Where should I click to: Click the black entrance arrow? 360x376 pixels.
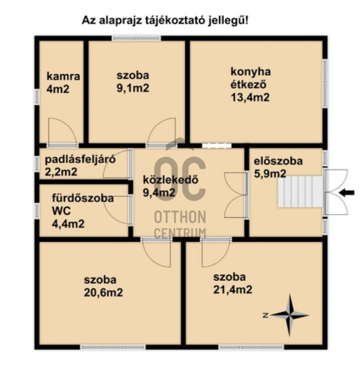pos(347,192)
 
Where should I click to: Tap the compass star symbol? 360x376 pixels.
pos(290,315)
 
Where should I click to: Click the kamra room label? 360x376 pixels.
pos(63,76)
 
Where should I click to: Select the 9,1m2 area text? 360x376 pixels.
pos(133,88)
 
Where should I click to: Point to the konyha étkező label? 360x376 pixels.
pos(251,78)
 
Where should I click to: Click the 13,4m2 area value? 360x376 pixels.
pos(250,97)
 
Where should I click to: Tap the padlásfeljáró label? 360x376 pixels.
pos(80,159)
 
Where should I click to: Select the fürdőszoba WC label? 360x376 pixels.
pos(83,204)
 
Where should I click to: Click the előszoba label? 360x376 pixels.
pos(278,161)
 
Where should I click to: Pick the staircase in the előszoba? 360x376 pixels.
pos(300,192)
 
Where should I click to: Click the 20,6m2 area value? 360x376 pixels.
pos(103,293)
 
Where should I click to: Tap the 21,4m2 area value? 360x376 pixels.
pos(233,290)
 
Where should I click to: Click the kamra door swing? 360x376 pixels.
pos(63,132)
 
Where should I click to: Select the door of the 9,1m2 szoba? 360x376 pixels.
pos(162,132)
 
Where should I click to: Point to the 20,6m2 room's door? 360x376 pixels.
pos(156,253)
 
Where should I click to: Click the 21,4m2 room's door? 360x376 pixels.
pos(216,253)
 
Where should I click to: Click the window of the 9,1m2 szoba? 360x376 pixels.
pos(136,38)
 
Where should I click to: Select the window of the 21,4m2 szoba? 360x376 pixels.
pos(251,347)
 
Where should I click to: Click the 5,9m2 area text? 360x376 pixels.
pos(270,174)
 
